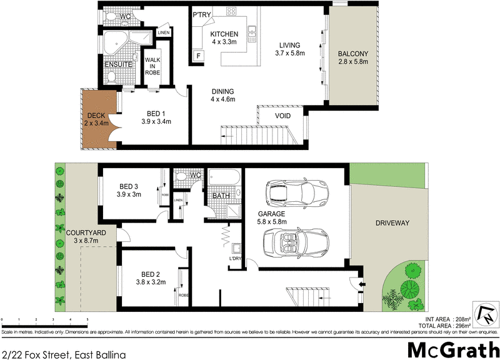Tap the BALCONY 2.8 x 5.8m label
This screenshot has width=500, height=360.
point(352,57)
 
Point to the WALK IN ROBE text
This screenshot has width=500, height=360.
point(153,66)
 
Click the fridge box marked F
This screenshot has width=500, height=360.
point(199,56)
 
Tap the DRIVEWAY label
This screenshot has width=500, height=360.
point(391,222)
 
